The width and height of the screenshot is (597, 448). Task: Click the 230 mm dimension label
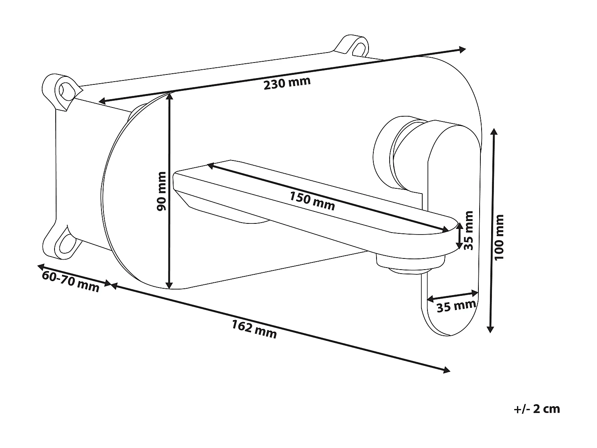pos(287,84)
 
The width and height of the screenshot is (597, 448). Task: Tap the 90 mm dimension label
pos(161,191)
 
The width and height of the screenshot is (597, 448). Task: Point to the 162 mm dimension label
pos(254,330)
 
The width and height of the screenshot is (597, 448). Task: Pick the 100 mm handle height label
pos(499,237)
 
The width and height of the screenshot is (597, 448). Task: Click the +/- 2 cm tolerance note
pos(536,409)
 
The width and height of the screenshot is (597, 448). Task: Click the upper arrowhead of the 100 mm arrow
pos(494,132)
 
